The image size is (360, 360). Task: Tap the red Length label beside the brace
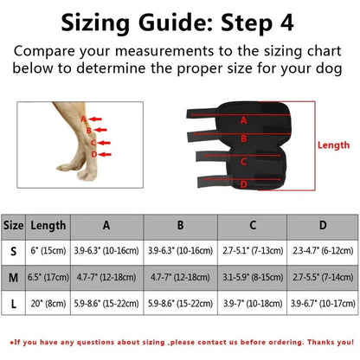point(334,146)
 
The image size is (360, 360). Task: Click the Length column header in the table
point(48,225)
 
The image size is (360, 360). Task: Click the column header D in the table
point(323,225)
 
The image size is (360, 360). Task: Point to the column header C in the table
point(253,225)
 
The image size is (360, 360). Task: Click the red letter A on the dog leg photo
point(83,119)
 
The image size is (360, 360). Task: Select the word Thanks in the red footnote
point(318,344)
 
